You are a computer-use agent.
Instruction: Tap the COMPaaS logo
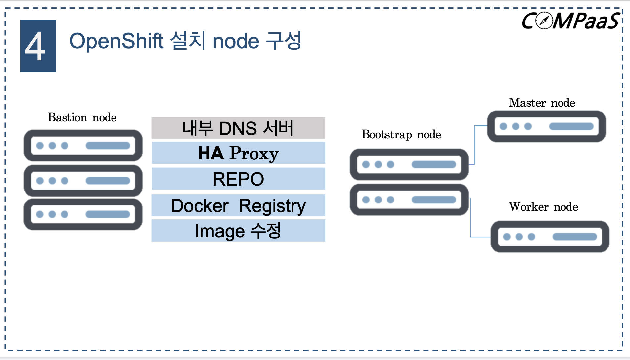pos(570,21)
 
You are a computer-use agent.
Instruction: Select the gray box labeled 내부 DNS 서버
pos(238,128)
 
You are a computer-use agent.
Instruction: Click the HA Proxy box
pos(238,153)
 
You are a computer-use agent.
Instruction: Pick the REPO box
pos(238,179)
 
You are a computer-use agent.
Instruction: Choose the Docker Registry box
pos(238,205)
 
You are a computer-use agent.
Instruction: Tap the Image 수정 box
pos(238,231)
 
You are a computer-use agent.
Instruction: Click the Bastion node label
pos(82,118)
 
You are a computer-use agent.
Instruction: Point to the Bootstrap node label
pos(401,135)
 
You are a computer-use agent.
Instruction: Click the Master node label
pos(542,103)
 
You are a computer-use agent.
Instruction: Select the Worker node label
pos(543,207)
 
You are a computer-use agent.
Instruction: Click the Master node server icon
pos(546,126)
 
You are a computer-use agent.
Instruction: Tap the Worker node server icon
pos(550,237)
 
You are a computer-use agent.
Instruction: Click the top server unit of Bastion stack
pos(83,146)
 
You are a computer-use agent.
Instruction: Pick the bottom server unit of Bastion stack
pos(83,214)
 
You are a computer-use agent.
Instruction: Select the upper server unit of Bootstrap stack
pos(409,164)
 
